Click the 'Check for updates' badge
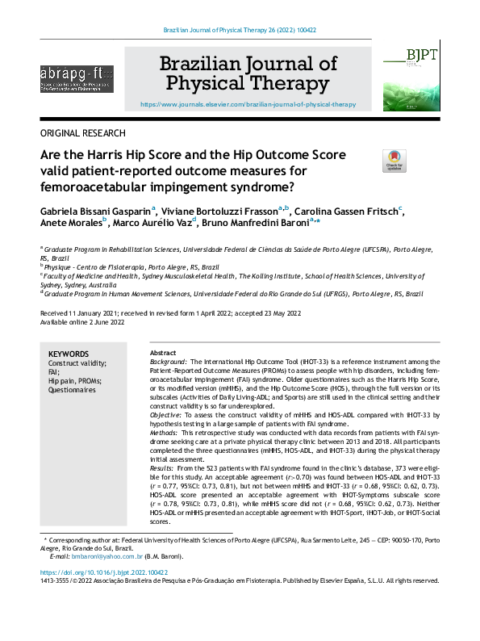click(394, 161)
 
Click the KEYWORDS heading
click(69, 354)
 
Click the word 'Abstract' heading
click(164, 354)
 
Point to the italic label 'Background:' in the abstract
click(169, 362)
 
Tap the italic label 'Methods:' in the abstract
click(165, 432)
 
